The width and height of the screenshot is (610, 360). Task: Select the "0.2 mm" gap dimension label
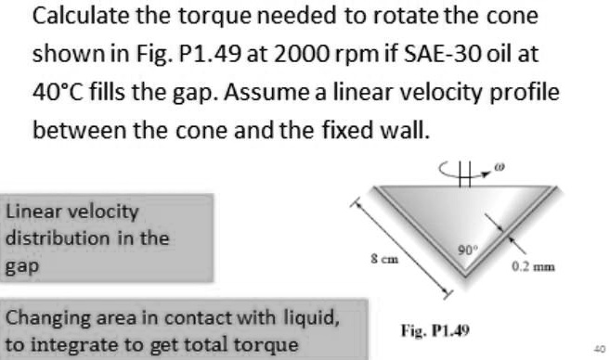coord(532,267)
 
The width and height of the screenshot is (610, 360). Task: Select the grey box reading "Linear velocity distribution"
coord(108,237)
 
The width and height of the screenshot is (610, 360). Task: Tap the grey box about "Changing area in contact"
coord(172,329)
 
